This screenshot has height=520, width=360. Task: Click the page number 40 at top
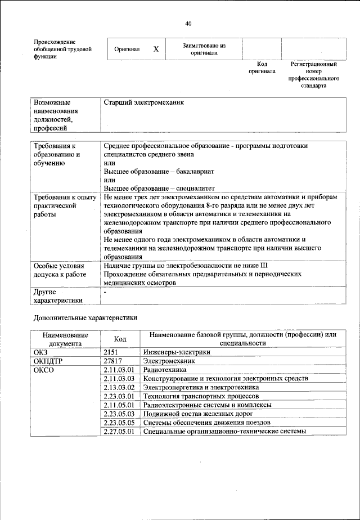point(187,24)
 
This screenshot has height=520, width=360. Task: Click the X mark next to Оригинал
point(156,50)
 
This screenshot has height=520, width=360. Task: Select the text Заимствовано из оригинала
point(204,50)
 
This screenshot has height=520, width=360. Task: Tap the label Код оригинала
point(262,68)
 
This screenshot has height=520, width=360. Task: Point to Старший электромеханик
point(144,103)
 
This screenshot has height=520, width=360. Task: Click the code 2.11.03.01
point(120,370)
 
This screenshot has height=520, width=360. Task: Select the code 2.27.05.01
point(120,432)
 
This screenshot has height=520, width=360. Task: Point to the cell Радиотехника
point(164,370)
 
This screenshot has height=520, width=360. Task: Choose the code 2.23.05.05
point(120,423)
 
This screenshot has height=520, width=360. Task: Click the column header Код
point(120,339)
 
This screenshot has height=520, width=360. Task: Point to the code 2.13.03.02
point(120,388)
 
